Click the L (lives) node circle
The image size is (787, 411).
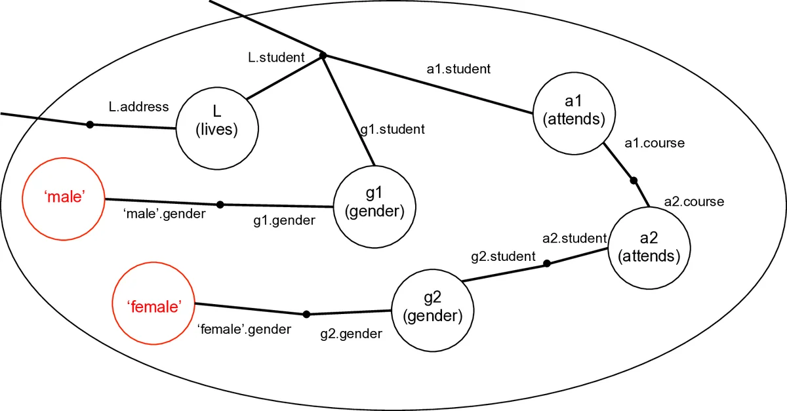(x=216, y=121)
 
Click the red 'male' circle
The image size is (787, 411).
(x=64, y=197)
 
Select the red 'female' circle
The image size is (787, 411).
(x=154, y=306)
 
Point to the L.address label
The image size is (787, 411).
(x=138, y=106)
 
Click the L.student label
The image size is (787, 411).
(x=276, y=58)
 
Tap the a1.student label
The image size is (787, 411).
(x=458, y=68)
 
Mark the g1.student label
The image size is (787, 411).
(x=393, y=129)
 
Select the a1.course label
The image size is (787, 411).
(x=654, y=143)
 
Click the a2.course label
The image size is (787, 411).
(x=694, y=201)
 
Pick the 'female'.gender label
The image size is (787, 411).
(x=244, y=329)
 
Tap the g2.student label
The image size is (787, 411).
(x=504, y=256)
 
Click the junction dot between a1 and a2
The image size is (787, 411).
(x=634, y=180)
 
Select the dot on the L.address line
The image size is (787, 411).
(x=91, y=125)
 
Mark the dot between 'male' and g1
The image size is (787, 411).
(x=220, y=204)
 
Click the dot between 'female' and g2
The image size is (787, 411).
(x=306, y=314)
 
